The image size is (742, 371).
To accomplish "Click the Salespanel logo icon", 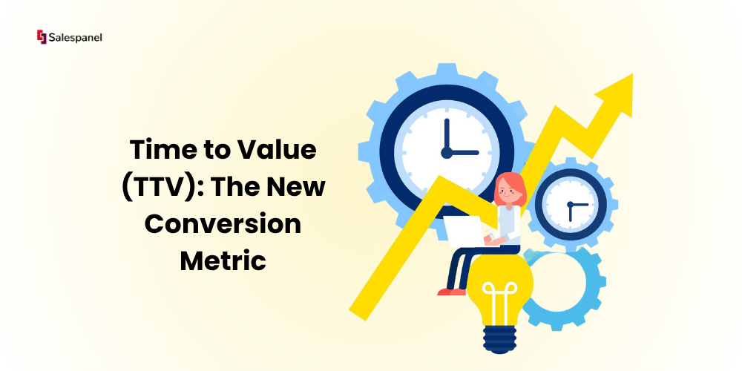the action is pyautogui.click(x=42, y=37).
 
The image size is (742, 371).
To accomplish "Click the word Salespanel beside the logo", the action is pyautogui.click(x=75, y=38).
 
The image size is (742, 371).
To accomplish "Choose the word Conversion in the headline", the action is pyautogui.click(x=223, y=224).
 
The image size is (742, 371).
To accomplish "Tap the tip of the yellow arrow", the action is pyautogui.click(x=632, y=74).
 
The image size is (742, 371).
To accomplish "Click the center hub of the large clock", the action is pyautogui.click(x=446, y=153).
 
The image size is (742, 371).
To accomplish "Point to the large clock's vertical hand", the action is pyautogui.click(x=446, y=135).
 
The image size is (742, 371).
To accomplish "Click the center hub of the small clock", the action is pyautogui.click(x=570, y=205).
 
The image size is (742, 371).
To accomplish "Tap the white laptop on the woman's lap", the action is pyautogui.click(x=464, y=232).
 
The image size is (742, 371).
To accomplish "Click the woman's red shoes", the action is pyautogui.click(x=451, y=292).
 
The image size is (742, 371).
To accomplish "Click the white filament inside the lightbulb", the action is pyautogui.click(x=499, y=302).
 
